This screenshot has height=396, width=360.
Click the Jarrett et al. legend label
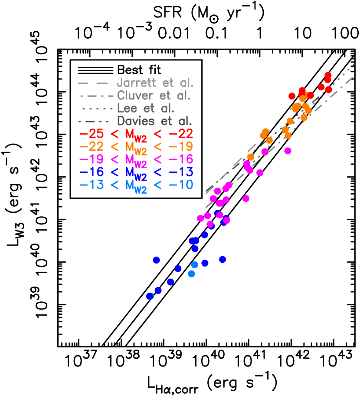[155, 83]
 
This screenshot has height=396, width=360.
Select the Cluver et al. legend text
[154, 96]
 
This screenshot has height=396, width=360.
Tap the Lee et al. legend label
[146, 109]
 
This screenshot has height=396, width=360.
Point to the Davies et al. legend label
[154, 121]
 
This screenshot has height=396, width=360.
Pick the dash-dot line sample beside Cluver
[96, 96]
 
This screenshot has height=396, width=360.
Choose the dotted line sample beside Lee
[96, 109]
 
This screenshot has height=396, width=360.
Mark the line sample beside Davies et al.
[96, 121]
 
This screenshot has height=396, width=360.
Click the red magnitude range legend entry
[136, 135]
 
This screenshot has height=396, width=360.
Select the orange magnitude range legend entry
[136, 147]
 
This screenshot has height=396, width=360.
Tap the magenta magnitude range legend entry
[136, 160]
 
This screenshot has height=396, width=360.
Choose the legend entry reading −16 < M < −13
[136, 172]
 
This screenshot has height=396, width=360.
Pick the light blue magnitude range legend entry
[136, 185]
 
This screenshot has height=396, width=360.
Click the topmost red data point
[328, 75]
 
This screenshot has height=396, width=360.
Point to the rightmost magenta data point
[288, 151]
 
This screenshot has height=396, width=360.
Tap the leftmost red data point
[292, 96]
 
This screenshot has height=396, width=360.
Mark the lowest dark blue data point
[149, 296]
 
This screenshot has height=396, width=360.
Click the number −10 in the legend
[181, 185]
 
